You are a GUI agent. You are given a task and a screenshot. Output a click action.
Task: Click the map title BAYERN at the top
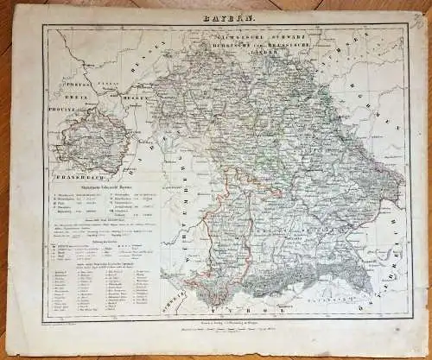pos(227,16)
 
